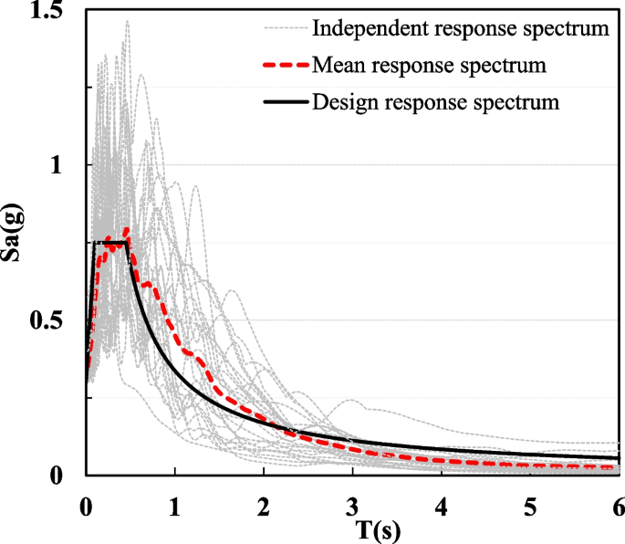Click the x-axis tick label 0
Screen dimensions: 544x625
coord(86,504)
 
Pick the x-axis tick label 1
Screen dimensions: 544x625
coord(174,504)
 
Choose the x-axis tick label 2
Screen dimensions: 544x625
coord(264,504)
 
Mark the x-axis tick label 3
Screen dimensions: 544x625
coord(352,504)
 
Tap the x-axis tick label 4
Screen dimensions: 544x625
coord(442,504)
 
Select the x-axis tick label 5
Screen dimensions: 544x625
coord(530,504)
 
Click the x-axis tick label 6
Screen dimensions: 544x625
coord(618,504)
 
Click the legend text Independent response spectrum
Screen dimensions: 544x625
coord(460,28)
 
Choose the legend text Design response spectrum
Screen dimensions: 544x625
coord(435,100)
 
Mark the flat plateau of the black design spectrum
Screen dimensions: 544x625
coord(109,242)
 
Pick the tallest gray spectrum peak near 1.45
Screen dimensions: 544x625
coord(127,22)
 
